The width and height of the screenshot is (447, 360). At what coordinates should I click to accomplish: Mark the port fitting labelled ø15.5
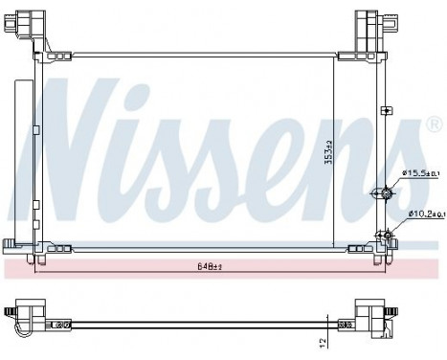click(385, 194)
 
